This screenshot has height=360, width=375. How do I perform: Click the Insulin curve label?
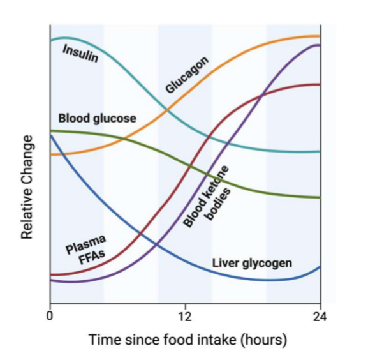80,54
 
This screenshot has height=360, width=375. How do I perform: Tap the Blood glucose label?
97,119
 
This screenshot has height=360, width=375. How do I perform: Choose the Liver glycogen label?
252,263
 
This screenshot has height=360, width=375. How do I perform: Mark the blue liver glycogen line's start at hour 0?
50,135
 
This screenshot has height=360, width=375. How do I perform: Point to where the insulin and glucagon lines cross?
168,110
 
